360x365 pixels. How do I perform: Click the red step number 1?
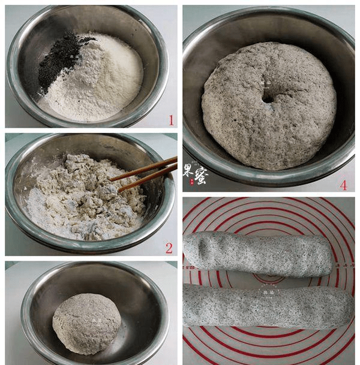click(x=171, y=120)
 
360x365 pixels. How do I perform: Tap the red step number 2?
click(x=169, y=248)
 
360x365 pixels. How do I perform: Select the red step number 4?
click(x=343, y=185)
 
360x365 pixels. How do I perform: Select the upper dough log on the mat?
click(x=258, y=253)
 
